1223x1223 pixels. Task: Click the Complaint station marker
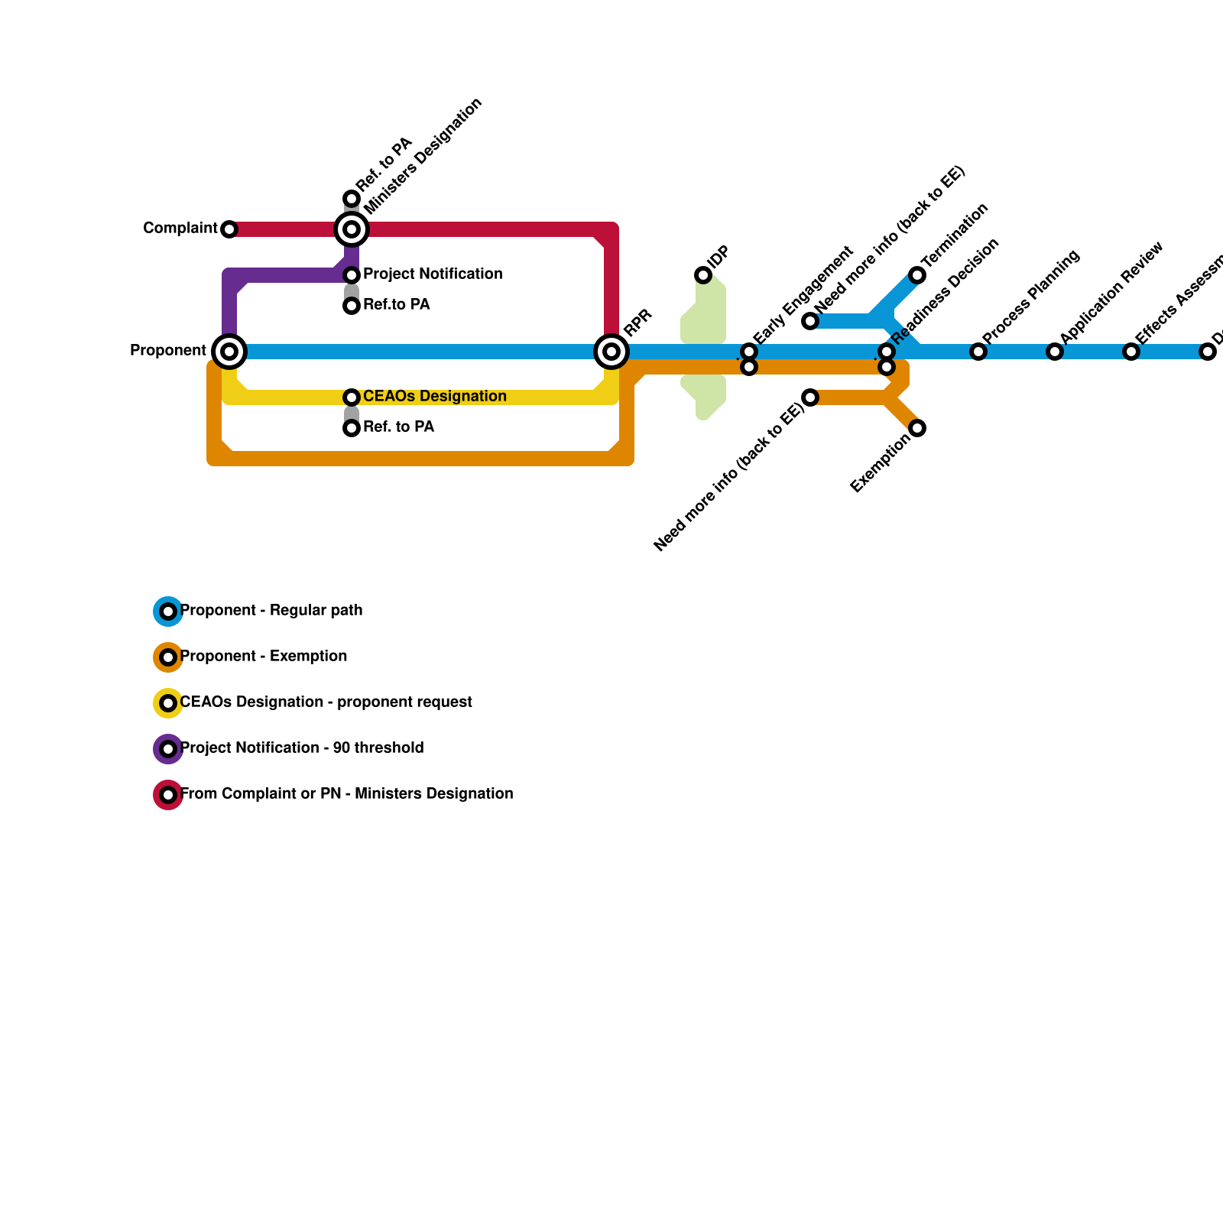click(229, 229)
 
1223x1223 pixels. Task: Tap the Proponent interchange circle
click(229, 352)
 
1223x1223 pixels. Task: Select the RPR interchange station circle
click(611, 352)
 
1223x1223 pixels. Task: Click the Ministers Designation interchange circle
click(352, 229)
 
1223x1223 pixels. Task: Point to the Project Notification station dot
click(352, 275)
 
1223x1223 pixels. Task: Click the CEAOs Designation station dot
click(352, 397)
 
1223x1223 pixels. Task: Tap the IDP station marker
click(703, 275)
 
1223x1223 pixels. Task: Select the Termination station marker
click(917, 275)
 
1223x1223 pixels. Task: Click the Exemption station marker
click(917, 428)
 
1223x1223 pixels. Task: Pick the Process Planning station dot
click(978, 352)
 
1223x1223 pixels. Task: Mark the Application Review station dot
click(1055, 352)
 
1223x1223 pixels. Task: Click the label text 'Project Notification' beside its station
click(433, 274)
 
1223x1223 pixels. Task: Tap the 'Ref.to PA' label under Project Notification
click(396, 304)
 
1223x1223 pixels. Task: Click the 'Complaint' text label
click(180, 228)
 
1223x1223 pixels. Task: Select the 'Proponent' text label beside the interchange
click(168, 350)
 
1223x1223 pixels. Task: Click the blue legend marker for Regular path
click(168, 611)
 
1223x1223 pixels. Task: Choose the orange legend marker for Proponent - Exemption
click(168, 657)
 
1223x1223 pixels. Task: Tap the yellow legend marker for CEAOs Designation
click(168, 703)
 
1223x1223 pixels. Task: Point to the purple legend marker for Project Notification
click(168, 749)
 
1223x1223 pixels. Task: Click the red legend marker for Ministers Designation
click(168, 795)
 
